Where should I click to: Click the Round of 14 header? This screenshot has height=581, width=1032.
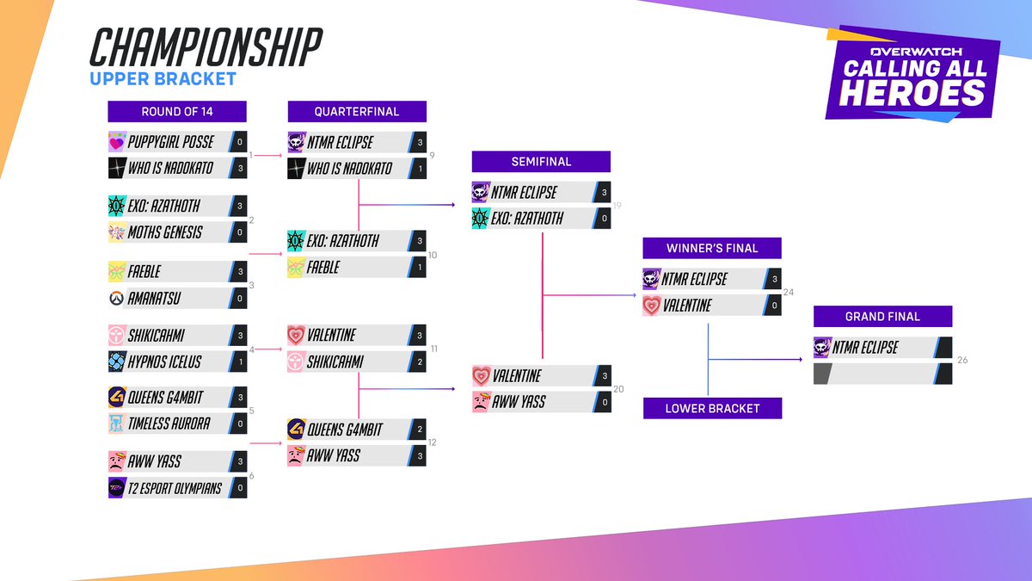177,111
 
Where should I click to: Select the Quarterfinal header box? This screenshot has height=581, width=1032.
357,111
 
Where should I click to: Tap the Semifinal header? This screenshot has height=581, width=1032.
540,161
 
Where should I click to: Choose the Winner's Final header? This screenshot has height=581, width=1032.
712,248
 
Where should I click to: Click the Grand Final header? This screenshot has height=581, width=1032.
882,316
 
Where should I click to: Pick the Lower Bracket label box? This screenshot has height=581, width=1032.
712,408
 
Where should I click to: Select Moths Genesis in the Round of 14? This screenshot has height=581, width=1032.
167,232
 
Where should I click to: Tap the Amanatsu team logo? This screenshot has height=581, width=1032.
117,299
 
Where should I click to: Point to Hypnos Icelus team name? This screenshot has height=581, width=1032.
165,362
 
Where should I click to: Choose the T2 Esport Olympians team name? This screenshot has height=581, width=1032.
176,488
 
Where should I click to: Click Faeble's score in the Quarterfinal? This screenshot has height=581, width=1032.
419,268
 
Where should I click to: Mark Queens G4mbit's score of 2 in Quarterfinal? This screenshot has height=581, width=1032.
419,429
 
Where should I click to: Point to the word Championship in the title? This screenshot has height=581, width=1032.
206,47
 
